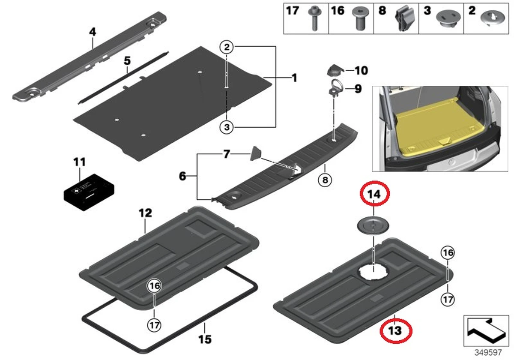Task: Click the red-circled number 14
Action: pyautogui.click(x=374, y=195)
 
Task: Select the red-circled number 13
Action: pyautogui.click(x=396, y=330)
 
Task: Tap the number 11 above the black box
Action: pyautogui.click(x=79, y=162)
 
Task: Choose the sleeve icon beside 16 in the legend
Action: pyautogui.click(x=360, y=18)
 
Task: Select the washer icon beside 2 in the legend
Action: pyautogui.click(x=491, y=18)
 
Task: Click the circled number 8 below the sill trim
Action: pyautogui.click(x=325, y=180)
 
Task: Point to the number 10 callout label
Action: pyautogui.click(x=361, y=70)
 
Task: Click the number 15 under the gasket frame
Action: pyautogui.click(x=205, y=339)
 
